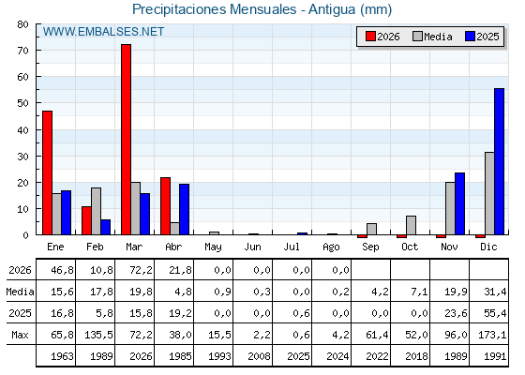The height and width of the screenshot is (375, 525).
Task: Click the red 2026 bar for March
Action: click(127, 140)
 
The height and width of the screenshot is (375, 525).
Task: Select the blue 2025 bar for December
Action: click(499, 161)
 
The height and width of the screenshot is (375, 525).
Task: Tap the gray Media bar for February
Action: click(96, 211)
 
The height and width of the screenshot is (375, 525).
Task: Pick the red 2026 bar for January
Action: click(47, 172)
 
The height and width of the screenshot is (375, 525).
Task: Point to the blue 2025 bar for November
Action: click(459, 203)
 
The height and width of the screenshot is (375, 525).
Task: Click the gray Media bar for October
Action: click(411, 225)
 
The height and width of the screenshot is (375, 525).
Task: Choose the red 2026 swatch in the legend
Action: click(370, 37)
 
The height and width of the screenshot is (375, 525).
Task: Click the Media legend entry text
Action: click(438, 37)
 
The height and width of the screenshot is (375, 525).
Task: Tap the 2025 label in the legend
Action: click(487, 37)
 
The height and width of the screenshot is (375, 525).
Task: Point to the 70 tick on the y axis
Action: click(23, 51)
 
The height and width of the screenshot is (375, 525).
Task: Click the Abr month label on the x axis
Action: click(173, 247)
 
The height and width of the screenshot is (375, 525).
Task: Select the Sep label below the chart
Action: click(370, 247)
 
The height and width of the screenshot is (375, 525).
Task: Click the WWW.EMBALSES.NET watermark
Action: click(103, 32)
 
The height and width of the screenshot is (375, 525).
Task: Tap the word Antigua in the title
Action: click(332, 9)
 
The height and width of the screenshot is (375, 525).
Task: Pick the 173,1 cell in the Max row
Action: click(492, 335)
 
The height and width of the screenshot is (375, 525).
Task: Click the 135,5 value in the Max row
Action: click(98, 335)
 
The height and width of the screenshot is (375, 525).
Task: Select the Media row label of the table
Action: click(20, 292)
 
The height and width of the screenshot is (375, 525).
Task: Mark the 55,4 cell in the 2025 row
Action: click(495, 313)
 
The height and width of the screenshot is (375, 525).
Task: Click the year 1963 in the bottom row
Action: click(62, 356)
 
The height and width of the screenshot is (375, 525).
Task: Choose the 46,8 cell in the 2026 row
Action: click(62, 270)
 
